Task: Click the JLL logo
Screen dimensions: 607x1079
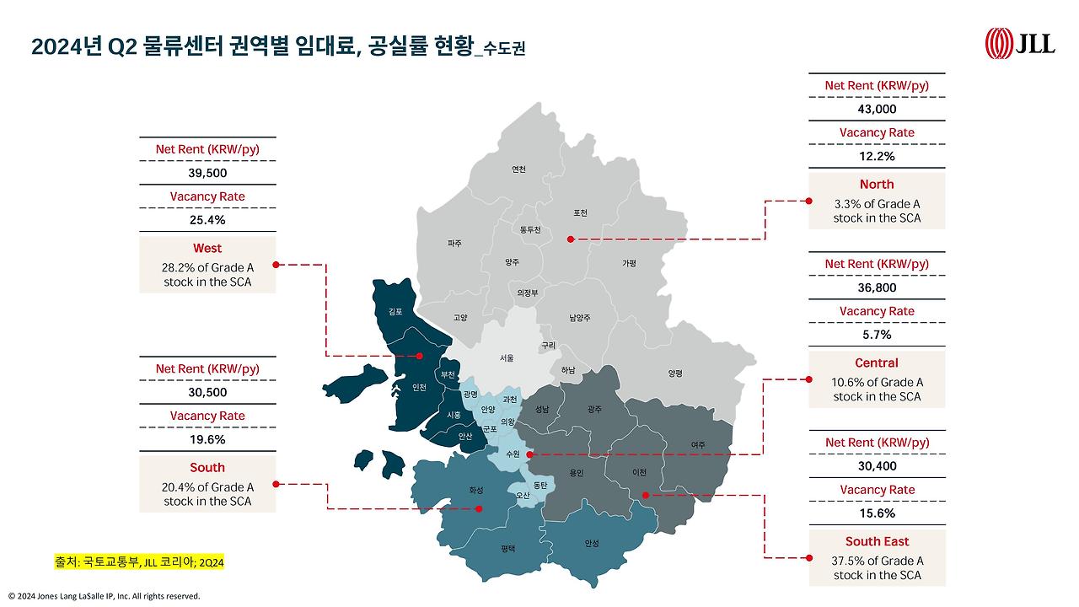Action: pyautogui.click(x=1020, y=43)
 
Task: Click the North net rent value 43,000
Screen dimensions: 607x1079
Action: pyautogui.click(x=877, y=109)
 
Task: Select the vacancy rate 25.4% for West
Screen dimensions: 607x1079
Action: pyautogui.click(x=207, y=220)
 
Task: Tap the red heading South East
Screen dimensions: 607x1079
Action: pyautogui.click(x=877, y=541)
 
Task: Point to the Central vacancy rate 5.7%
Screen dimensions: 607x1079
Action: pyautogui.click(x=877, y=335)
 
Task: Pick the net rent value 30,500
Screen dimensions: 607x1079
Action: pyautogui.click(x=207, y=392)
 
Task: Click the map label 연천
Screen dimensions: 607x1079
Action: pyautogui.click(x=518, y=169)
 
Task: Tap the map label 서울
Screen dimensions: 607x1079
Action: pyautogui.click(x=506, y=357)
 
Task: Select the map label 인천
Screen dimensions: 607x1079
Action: pyautogui.click(x=418, y=388)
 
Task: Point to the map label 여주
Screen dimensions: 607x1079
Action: pyautogui.click(x=697, y=445)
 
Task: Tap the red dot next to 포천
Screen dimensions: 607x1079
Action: pyautogui.click(x=570, y=239)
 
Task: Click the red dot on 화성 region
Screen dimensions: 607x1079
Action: pyautogui.click(x=479, y=508)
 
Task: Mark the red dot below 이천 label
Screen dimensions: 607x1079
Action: pyautogui.click(x=645, y=495)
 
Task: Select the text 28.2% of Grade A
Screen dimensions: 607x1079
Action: pyautogui.click(x=207, y=267)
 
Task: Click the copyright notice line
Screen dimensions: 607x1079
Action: pyautogui.click(x=105, y=596)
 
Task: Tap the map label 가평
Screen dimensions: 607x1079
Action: pyautogui.click(x=629, y=263)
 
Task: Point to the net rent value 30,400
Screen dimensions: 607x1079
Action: pyautogui.click(x=877, y=466)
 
